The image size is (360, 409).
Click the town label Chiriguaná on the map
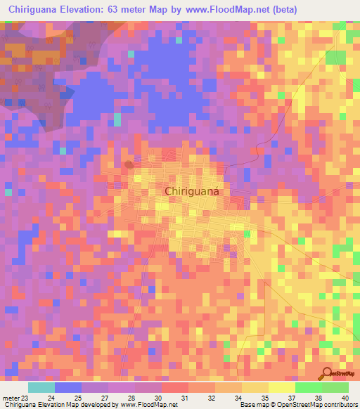pos(192,190)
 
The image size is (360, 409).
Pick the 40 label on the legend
pos(344,398)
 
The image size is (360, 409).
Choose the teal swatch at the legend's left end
pos(41,387)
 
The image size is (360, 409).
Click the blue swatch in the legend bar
pos(68,387)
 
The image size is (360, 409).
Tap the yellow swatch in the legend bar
pos(255,387)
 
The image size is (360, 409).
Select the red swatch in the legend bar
pos(175,387)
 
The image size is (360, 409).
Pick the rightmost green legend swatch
pos(335,387)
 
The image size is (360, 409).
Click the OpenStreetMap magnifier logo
pos(326,374)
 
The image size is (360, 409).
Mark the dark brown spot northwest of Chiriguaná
pos(129,164)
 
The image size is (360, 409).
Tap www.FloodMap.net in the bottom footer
pos(135,405)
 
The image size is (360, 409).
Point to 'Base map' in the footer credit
pos(252,405)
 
